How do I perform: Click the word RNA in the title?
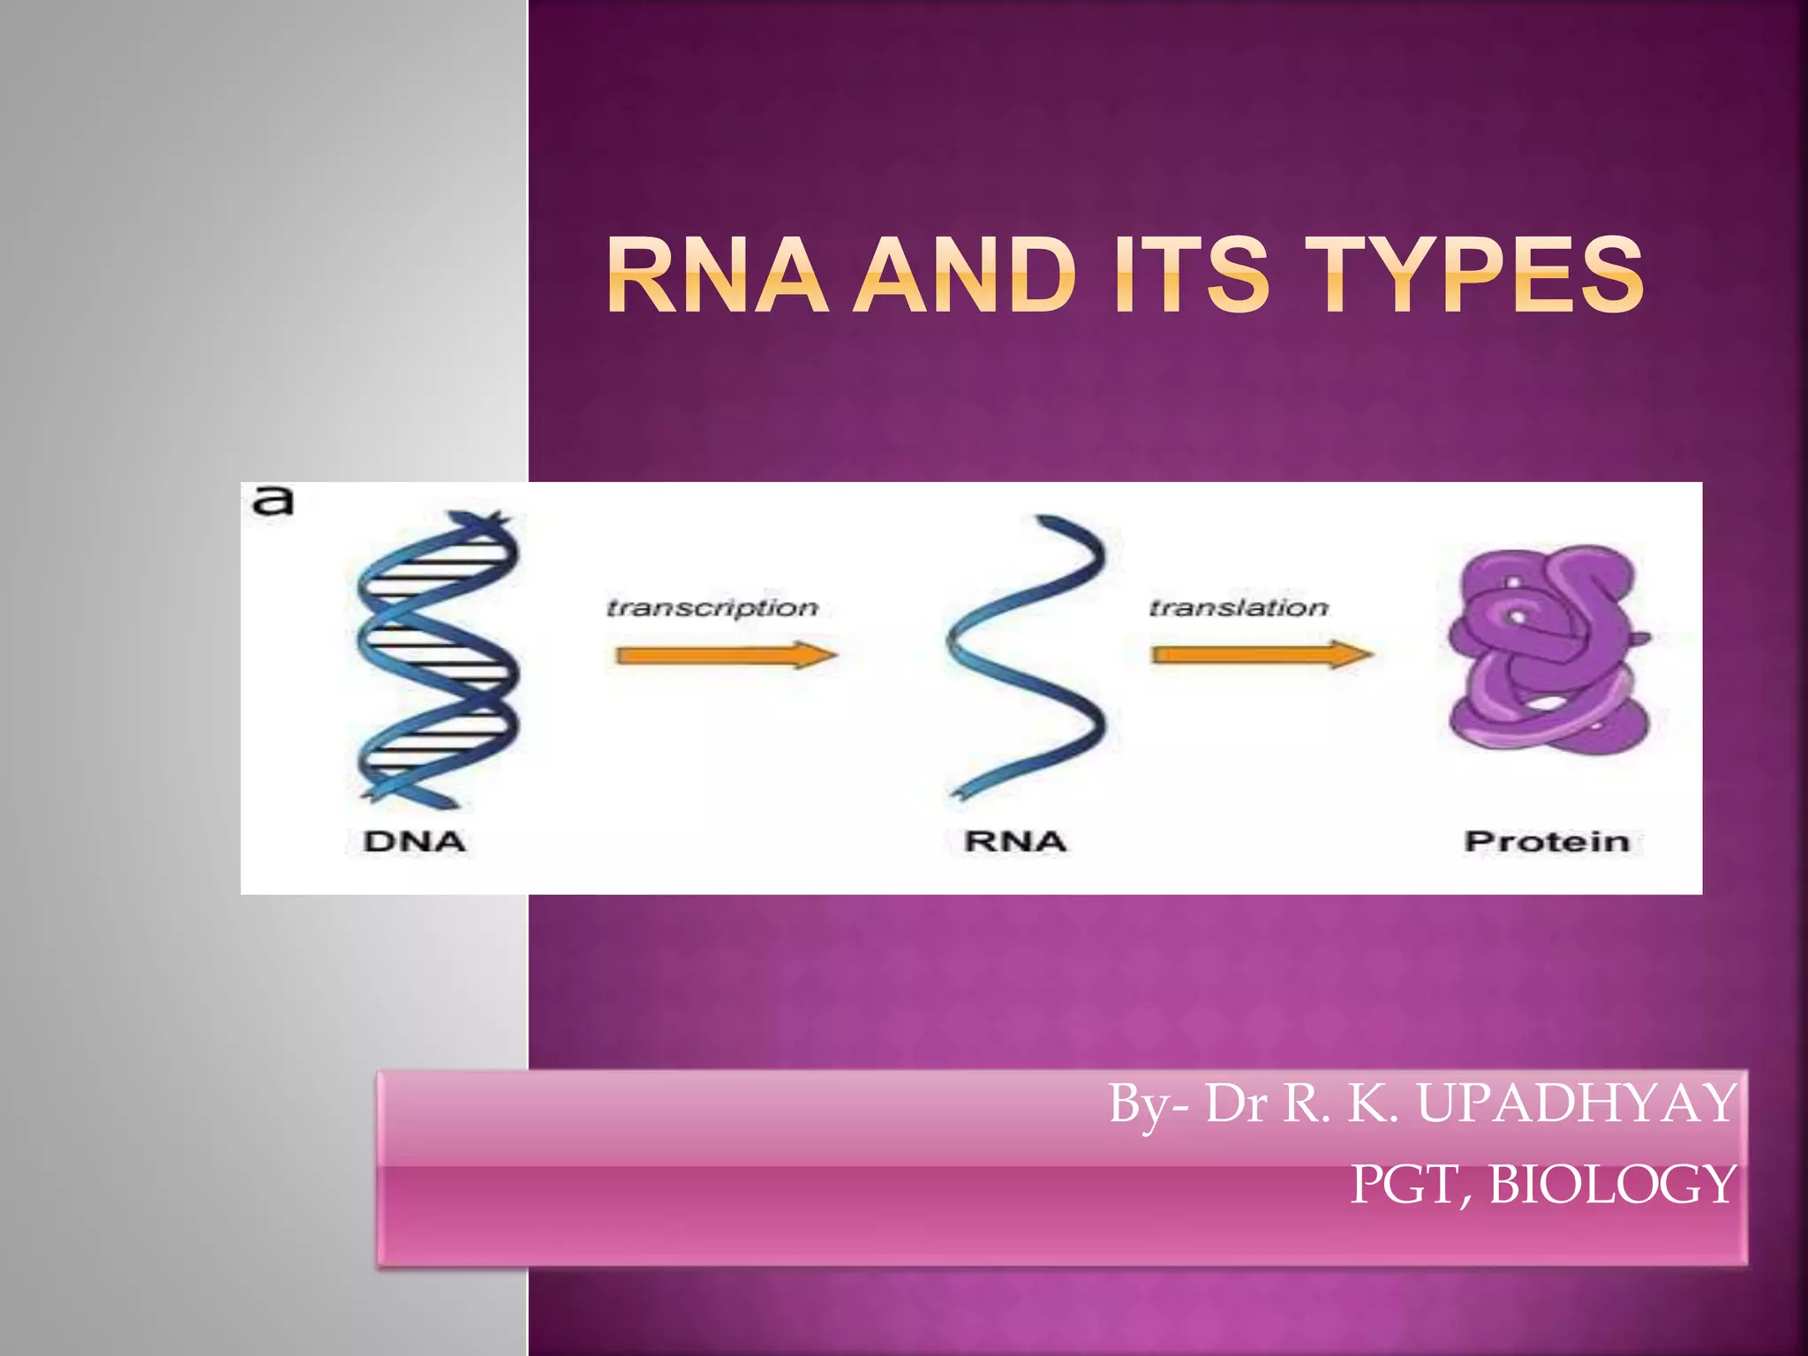click(x=717, y=275)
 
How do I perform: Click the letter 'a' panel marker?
click(x=273, y=501)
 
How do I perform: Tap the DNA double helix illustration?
click(x=437, y=658)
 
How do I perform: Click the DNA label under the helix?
click(x=415, y=841)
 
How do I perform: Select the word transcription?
click(x=712, y=607)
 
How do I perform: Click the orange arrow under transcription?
click(x=726, y=655)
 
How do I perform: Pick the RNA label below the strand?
click(x=1015, y=841)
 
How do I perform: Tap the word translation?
click(x=1239, y=607)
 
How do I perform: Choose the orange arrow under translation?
click(x=1262, y=654)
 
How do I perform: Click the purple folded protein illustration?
click(x=1547, y=649)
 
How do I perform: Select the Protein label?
click(x=1547, y=841)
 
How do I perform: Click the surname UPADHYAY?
click(x=1577, y=1104)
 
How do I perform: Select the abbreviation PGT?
click(x=1409, y=1185)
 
